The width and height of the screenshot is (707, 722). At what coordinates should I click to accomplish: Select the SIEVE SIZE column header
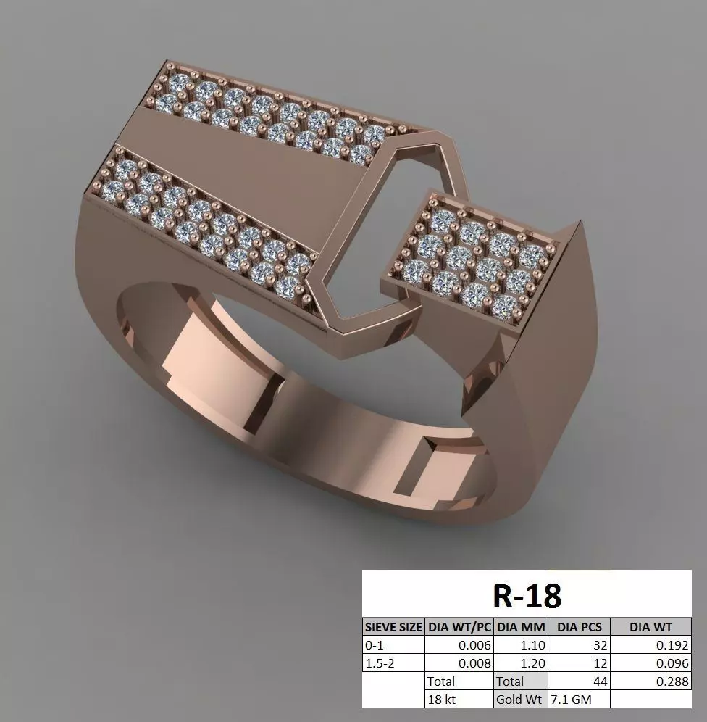(x=393, y=626)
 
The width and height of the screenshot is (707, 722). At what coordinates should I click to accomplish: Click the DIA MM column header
(x=521, y=626)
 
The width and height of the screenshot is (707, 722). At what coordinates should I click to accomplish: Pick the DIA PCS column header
(x=579, y=626)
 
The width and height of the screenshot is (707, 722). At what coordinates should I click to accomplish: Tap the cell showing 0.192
(x=671, y=644)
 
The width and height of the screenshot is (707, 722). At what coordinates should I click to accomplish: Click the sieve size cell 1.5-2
(x=380, y=663)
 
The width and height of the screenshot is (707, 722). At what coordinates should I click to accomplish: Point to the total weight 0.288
(x=671, y=681)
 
